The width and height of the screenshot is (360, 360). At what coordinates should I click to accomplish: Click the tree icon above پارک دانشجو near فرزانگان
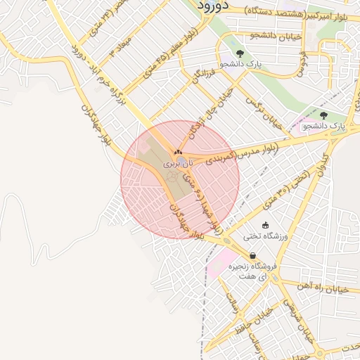click(240, 53)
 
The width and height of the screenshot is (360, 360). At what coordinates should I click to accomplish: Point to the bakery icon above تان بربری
click(178, 151)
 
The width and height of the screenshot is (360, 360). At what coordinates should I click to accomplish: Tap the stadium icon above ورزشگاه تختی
click(265, 225)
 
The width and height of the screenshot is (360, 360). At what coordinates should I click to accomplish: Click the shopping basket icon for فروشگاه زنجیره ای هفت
click(252, 256)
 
